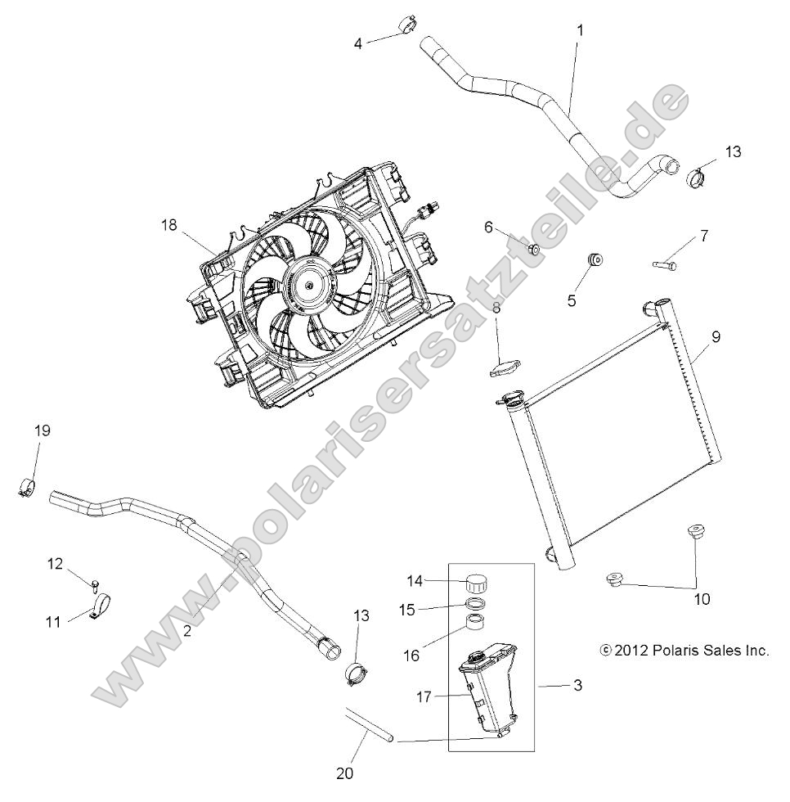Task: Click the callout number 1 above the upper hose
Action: [580, 30]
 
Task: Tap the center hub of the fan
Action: [311, 283]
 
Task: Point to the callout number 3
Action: [577, 686]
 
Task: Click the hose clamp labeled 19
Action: [27, 488]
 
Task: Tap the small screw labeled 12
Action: [96, 583]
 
